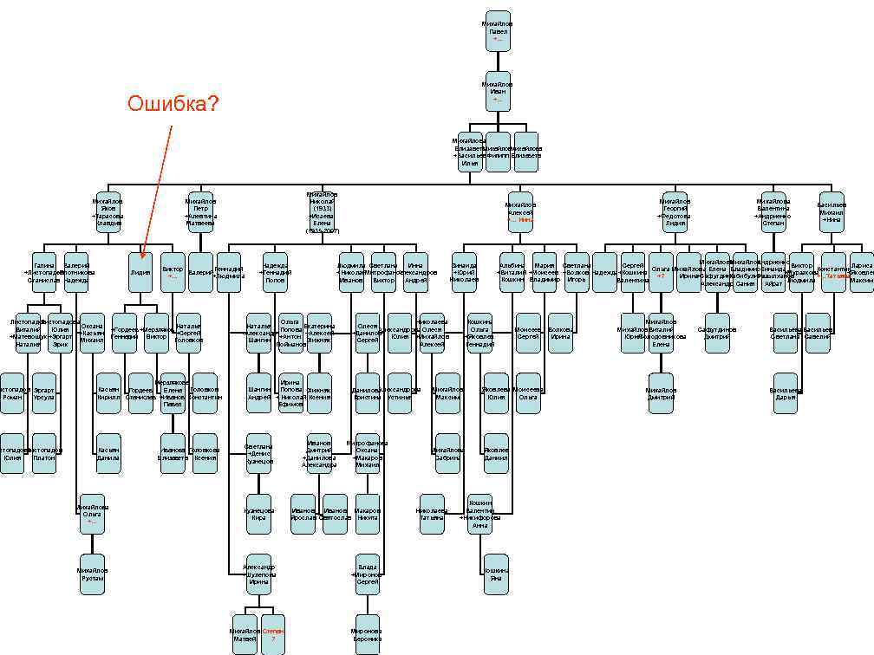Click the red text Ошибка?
tap(173, 105)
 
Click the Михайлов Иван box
tap(498, 90)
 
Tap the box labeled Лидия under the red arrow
tap(140, 270)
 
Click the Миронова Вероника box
tap(367, 634)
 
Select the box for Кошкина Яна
tap(496, 574)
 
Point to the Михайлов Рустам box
tap(92, 574)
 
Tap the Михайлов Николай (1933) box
tap(323, 212)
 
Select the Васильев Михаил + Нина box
tap(832, 212)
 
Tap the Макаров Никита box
tap(368, 514)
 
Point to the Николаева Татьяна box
tap(431, 514)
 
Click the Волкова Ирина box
tap(560, 333)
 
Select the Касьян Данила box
tap(108, 453)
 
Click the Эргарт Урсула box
tap(44, 392)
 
